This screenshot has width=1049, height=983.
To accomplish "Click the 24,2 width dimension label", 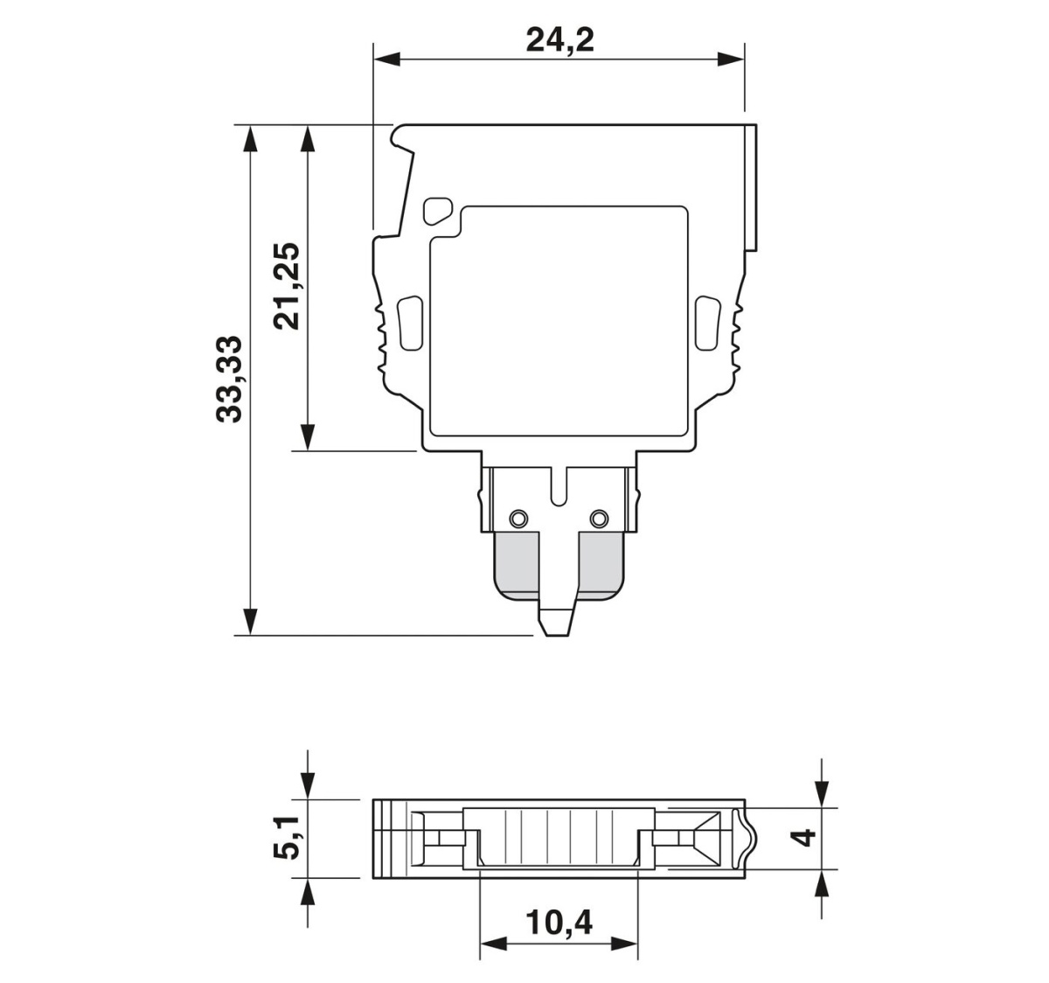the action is [x=559, y=40].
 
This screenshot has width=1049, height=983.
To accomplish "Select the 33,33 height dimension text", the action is [x=229, y=379].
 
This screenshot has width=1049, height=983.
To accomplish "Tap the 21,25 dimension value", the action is [x=287, y=286].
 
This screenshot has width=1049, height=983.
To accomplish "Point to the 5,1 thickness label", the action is [x=287, y=845].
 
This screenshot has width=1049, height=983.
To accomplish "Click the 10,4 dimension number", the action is [x=559, y=923].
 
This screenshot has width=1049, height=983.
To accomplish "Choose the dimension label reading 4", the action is [x=804, y=838].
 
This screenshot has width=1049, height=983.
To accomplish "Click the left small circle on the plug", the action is [x=518, y=519].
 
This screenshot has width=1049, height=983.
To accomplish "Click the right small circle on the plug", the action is [x=599, y=519].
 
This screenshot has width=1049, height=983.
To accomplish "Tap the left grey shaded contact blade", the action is [x=517, y=566].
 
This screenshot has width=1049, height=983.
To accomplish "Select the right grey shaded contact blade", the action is [x=601, y=566].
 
